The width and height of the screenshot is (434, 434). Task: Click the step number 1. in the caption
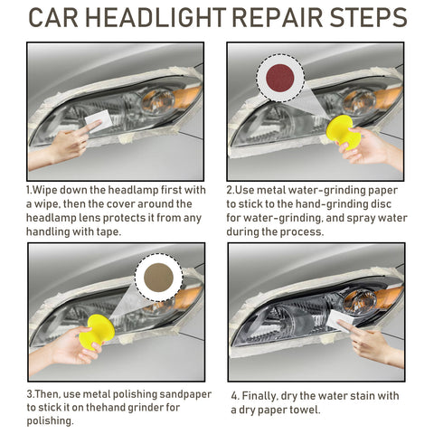pos(30,190)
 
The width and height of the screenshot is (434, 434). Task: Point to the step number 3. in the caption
pos(31,394)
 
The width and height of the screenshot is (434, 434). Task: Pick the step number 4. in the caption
pos(234,395)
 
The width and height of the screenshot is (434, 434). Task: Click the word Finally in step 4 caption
pos(263,395)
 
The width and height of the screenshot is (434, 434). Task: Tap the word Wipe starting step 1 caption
pos(50,190)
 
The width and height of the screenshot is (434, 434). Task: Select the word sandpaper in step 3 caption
pos(180,394)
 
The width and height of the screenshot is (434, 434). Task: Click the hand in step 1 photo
pos(63,145)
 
